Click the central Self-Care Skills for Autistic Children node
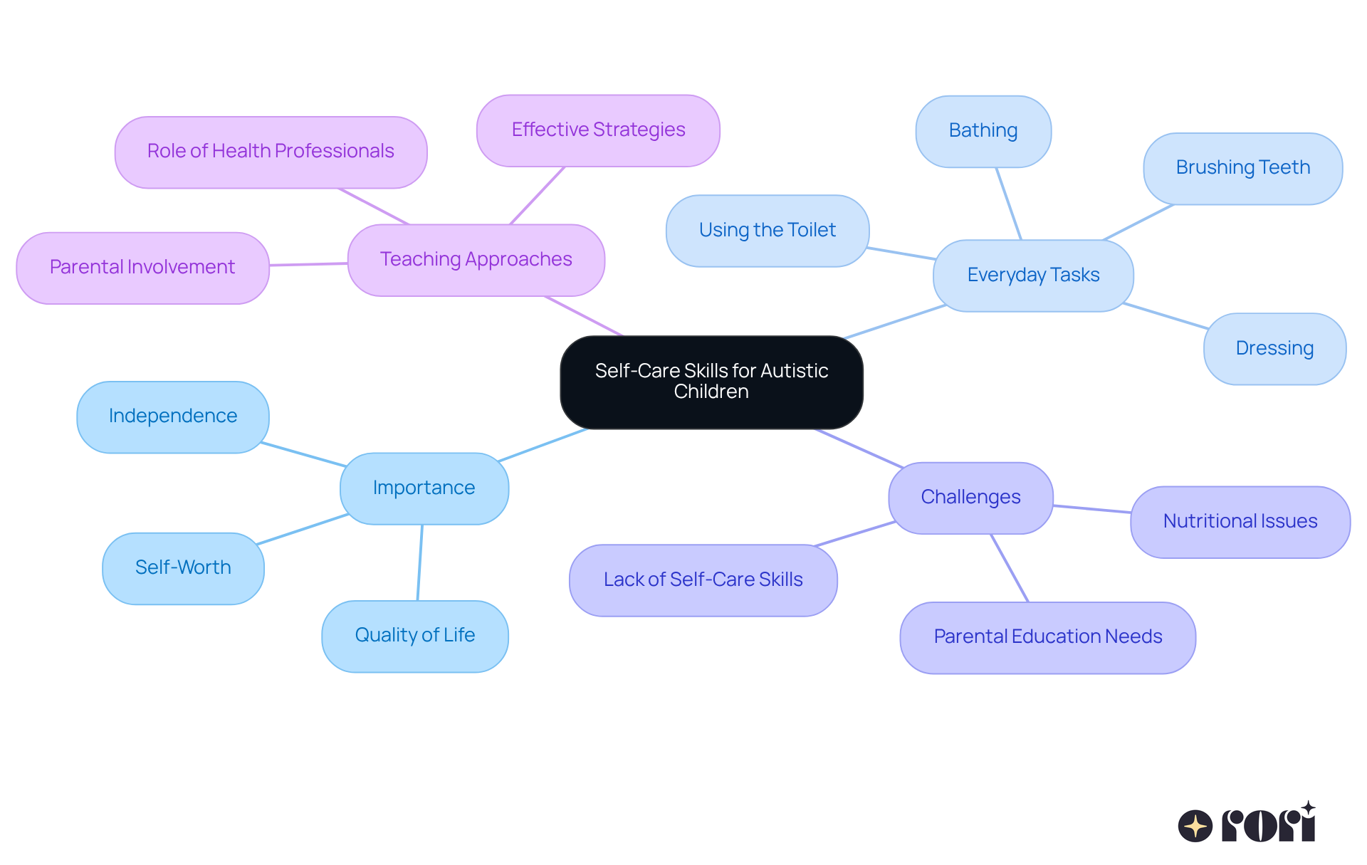point(711,382)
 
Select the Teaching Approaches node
point(476,260)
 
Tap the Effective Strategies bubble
point(598,130)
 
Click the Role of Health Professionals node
point(271,152)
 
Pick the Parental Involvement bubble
point(142,268)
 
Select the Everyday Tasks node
point(1033,276)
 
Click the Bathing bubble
point(983,131)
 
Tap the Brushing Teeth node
point(1242,168)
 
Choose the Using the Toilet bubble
point(767,231)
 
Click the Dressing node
point(1274,349)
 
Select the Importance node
point(424,488)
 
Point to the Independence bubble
point(173,416)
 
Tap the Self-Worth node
point(183,568)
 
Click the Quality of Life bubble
point(414,636)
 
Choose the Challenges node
point(970,498)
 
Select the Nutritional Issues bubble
point(1240,522)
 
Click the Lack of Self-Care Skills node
point(703,580)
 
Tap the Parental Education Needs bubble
point(1047,637)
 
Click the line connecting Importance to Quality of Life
point(420,562)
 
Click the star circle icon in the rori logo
point(1195,826)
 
